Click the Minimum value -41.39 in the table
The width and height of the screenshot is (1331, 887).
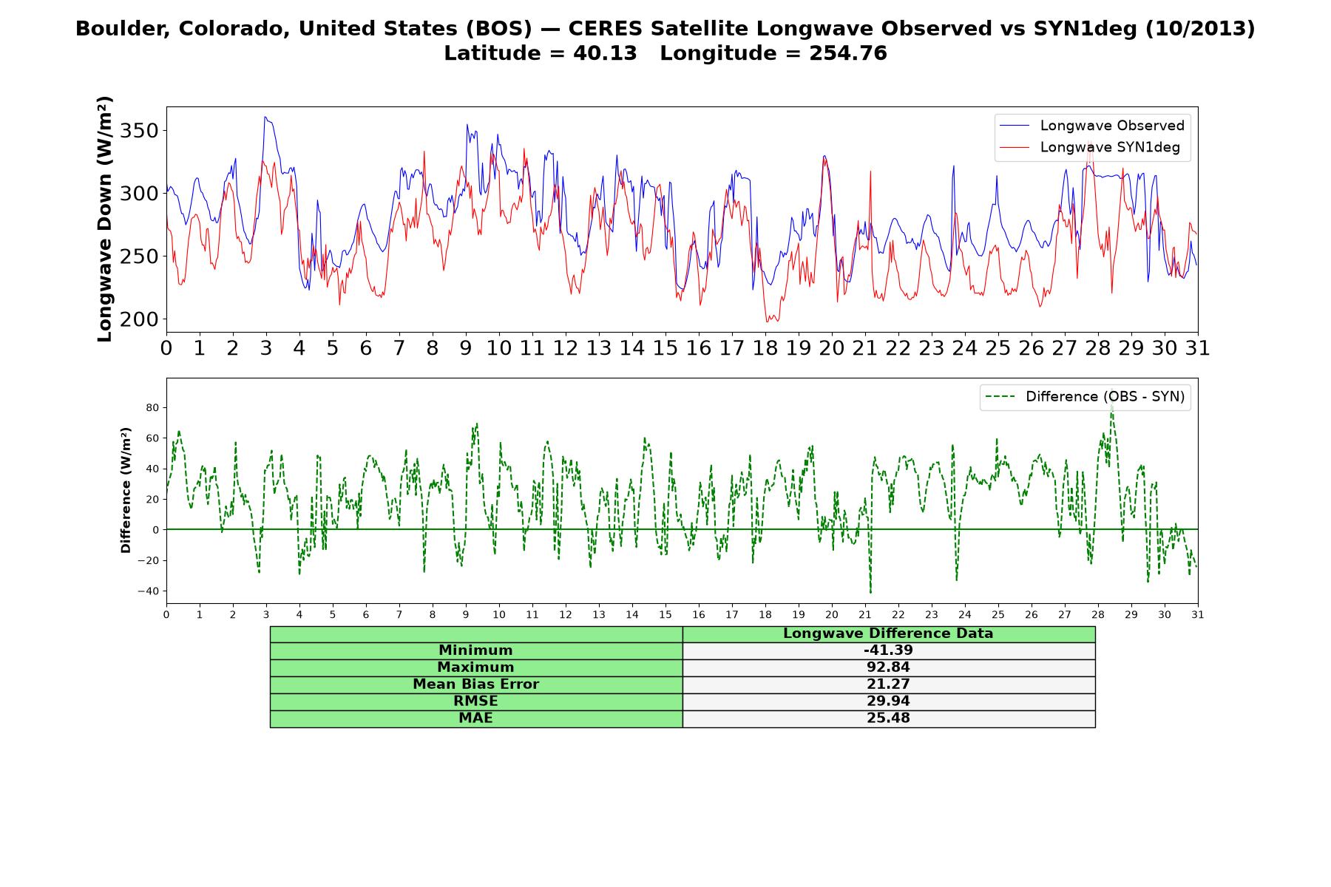coord(888,650)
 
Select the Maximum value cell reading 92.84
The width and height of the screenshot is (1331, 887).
coord(888,667)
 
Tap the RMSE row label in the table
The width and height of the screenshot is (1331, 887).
coord(475,701)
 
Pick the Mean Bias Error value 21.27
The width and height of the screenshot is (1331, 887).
coord(888,684)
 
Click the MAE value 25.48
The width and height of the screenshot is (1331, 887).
coord(888,718)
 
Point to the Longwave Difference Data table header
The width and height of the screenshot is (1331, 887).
coord(888,633)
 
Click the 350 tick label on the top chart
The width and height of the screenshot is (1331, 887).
coord(140,132)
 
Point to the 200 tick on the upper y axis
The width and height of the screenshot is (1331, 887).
coord(140,320)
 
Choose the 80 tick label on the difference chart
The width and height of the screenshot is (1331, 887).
coord(153,408)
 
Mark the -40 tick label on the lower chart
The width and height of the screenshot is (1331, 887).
coord(149,591)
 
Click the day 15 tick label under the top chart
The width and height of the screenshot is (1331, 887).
coord(665,348)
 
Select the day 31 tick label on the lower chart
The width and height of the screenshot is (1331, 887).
coord(1198,614)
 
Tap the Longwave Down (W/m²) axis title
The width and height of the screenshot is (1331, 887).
coord(104,219)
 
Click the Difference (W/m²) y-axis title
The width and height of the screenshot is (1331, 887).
coord(126,490)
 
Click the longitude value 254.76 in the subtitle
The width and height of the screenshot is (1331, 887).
coord(847,53)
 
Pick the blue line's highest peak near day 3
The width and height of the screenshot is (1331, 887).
coord(265,117)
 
